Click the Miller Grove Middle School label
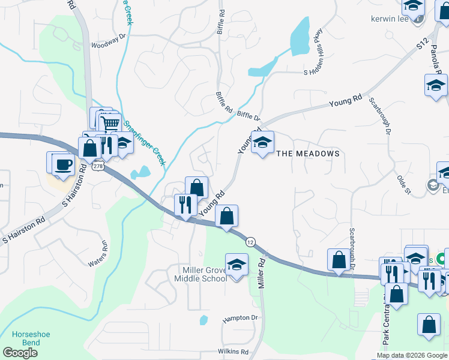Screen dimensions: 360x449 [x=200, y=274]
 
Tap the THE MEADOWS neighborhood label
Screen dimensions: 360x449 [x=308, y=154]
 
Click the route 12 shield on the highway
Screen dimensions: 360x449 [x=249, y=241]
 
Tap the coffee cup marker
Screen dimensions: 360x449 [x=62, y=164]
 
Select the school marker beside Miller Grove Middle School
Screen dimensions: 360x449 [x=237, y=264]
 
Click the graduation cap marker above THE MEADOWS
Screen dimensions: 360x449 [x=262, y=142]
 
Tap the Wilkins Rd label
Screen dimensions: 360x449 [x=233, y=351]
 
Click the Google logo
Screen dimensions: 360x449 [x=20, y=352]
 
